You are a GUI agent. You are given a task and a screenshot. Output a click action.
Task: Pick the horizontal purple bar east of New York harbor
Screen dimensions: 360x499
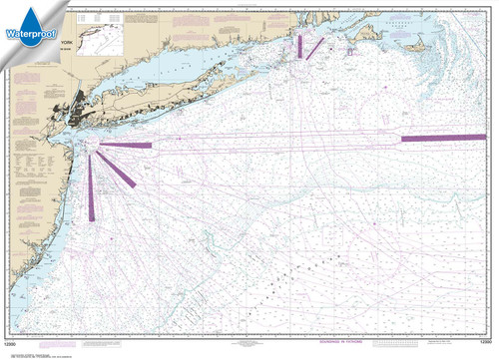click(126, 146)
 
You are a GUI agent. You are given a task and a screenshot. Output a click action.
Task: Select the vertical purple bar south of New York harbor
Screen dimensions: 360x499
click(92, 189)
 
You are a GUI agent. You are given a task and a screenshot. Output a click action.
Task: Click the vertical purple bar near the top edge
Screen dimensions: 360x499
click(298, 46)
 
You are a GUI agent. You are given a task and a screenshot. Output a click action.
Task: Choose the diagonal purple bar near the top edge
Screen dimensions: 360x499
click(314, 47)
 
